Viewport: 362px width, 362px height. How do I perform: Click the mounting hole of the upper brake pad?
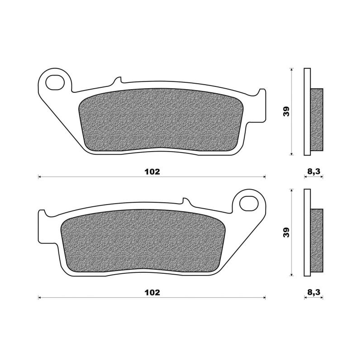click(x=55, y=82)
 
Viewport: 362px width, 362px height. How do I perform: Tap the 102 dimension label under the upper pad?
click(x=152, y=172)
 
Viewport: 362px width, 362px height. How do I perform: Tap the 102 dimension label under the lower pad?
click(x=152, y=292)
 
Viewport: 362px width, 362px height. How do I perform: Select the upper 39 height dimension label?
click(x=286, y=111)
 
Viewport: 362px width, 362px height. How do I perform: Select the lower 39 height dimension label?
click(x=286, y=232)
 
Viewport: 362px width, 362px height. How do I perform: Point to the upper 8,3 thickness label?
click(x=314, y=171)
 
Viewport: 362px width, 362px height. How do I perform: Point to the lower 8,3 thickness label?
click(x=314, y=292)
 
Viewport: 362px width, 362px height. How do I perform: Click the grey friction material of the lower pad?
click(x=143, y=241)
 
